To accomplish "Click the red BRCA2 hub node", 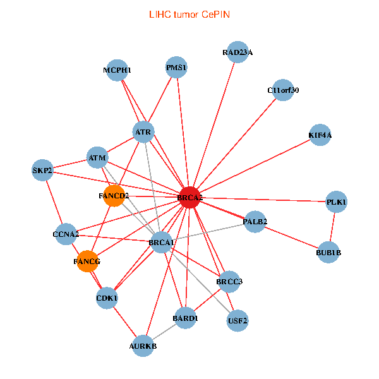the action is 190,197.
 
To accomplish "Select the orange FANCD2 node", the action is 114,196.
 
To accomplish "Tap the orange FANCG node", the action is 88,262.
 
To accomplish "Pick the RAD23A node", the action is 238,52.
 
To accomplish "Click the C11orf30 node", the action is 283,90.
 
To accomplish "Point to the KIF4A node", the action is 320,135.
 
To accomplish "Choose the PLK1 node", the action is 337,202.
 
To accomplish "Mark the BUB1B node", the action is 328,252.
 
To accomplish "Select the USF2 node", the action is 238,321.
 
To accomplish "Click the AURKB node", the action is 143,346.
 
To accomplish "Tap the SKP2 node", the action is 42,170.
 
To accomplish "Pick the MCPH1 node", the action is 117,70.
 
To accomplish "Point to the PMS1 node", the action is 176,67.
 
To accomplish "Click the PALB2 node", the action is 255,222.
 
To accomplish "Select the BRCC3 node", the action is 229,282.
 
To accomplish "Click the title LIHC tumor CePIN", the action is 189,15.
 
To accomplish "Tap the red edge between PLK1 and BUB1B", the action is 333,227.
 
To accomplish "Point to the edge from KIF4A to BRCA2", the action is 255,166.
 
